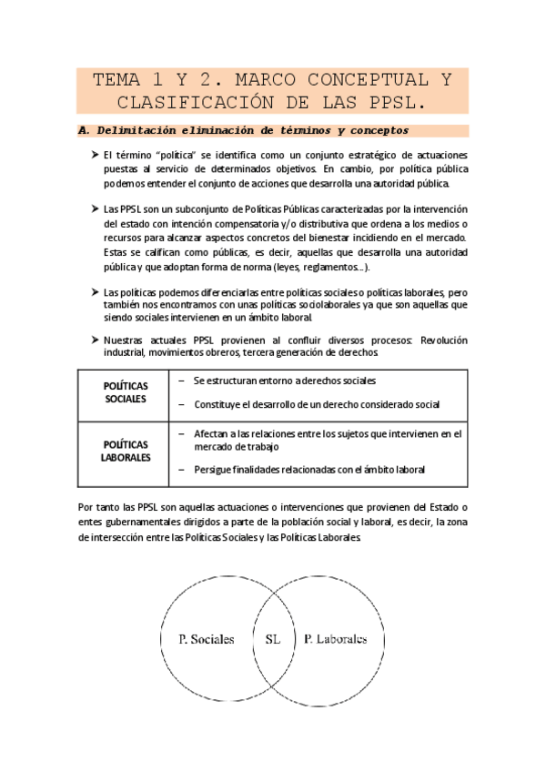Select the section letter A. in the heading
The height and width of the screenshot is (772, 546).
coord(86,130)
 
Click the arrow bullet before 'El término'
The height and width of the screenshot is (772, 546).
coord(95,157)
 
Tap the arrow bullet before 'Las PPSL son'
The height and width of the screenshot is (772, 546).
coord(95,209)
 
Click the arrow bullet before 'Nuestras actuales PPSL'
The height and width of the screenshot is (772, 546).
coord(95,340)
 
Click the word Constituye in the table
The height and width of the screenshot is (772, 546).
coord(217,403)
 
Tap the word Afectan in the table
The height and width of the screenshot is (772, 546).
coord(212,434)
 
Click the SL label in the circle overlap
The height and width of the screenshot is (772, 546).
coord(272,639)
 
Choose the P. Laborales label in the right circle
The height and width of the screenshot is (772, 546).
coord(335,639)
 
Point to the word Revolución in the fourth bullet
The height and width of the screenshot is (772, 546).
coord(440,340)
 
